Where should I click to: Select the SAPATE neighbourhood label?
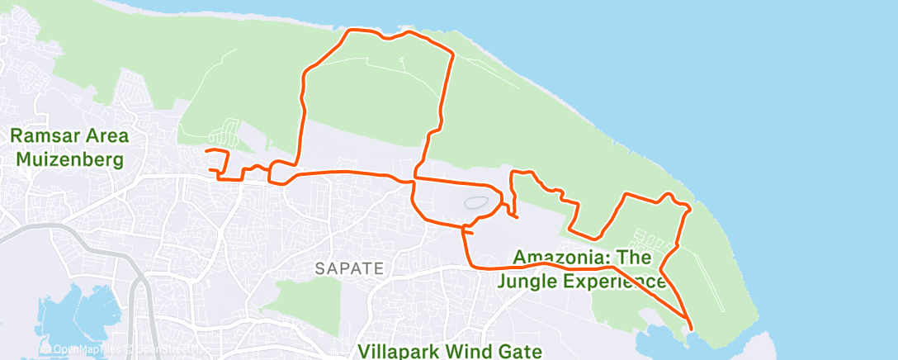350,268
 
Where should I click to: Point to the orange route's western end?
206,151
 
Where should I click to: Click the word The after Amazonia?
636,258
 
